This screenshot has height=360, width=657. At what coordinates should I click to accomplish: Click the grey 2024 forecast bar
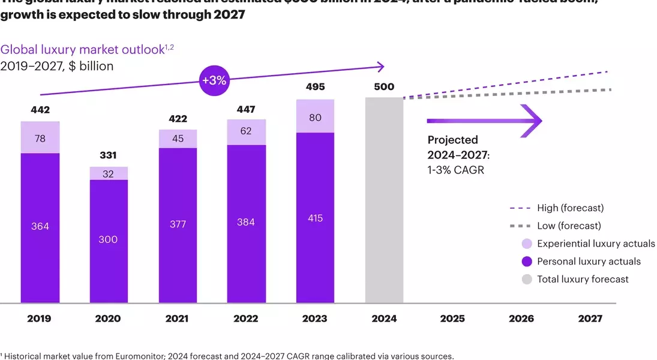coord(384,200)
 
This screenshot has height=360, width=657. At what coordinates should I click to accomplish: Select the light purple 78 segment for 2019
coord(40,137)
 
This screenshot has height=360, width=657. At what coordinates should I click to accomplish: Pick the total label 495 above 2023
coord(315,88)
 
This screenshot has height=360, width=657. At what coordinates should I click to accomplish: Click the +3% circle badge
coord(213,80)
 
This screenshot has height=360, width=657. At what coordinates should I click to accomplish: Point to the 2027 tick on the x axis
coord(590,319)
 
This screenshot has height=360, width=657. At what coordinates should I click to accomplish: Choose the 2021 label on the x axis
coord(178,319)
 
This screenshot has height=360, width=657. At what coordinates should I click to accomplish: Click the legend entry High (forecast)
coord(571,208)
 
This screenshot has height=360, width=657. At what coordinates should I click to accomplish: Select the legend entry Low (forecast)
coord(569,226)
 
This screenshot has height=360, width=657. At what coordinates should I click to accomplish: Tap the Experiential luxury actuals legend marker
coord(527,244)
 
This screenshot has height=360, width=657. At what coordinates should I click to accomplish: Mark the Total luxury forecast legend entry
coord(583,279)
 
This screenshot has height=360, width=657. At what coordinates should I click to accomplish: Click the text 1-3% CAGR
coord(455,170)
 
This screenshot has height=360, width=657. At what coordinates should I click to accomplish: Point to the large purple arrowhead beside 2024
coord(532,121)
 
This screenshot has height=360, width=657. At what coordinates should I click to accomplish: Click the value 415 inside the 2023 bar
coord(315,218)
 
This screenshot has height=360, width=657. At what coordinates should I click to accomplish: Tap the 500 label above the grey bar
coord(384,87)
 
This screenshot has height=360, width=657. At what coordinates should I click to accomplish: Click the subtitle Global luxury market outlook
coord(82,50)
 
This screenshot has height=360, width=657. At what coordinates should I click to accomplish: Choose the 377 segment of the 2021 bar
coord(178,224)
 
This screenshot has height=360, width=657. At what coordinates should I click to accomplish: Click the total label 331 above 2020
coord(109,156)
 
